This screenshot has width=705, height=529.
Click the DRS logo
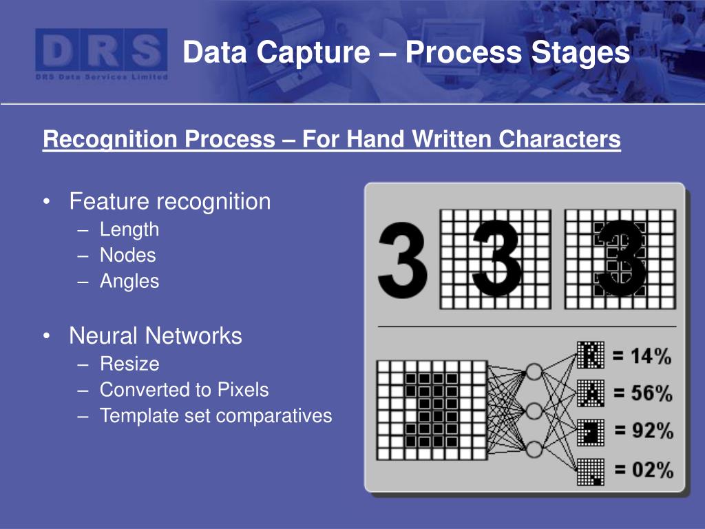click(x=101, y=54)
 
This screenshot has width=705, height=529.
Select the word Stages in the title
click(x=585, y=52)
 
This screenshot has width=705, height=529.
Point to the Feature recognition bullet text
click(x=170, y=202)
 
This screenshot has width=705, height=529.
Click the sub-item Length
click(x=129, y=229)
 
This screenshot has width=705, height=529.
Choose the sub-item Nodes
click(x=128, y=256)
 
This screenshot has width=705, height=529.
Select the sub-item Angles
click(x=129, y=282)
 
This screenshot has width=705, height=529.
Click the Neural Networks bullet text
click(x=156, y=336)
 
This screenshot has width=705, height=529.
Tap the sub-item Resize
click(x=129, y=364)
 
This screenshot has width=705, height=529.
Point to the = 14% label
click(x=642, y=356)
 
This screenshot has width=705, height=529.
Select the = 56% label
click(x=642, y=394)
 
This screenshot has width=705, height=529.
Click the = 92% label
click(x=642, y=432)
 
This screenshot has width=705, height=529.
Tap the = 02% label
click(x=642, y=470)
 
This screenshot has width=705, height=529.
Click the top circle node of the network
click(x=534, y=372)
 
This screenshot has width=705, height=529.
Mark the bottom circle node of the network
click(x=534, y=450)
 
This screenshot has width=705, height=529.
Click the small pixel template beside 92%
click(x=589, y=432)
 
